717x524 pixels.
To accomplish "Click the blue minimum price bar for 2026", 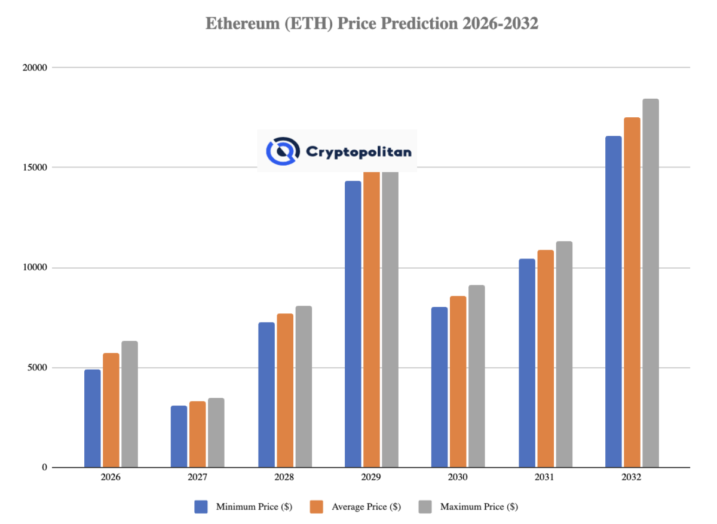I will (x=93, y=419).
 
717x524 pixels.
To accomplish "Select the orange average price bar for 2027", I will (x=198, y=434).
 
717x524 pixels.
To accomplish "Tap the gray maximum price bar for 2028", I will (x=304, y=386).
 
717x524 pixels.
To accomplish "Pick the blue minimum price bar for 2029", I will (x=353, y=324).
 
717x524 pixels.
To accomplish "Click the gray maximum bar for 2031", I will (x=564, y=354).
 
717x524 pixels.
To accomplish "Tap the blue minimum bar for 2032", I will (x=614, y=301).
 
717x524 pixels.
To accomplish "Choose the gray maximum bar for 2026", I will (x=130, y=404).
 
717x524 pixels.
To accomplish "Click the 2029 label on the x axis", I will (x=371, y=478).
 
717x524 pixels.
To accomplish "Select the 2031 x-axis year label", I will (x=544, y=478).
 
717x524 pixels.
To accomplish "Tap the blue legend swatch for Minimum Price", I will (x=201, y=507).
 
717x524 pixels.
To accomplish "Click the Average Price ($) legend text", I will (x=365, y=507).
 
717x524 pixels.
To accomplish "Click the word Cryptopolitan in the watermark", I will (x=358, y=152).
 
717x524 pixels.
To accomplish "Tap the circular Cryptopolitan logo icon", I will (x=282, y=151).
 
